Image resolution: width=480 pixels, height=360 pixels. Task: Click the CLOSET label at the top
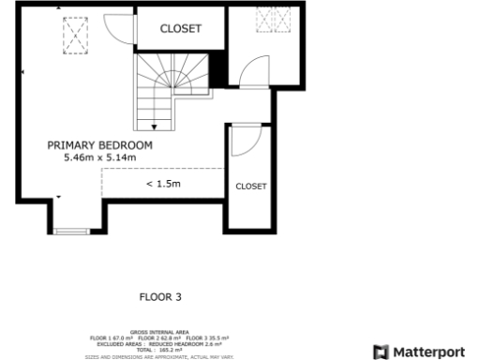click(180, 29)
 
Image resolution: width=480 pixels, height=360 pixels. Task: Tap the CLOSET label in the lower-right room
click(250, 187)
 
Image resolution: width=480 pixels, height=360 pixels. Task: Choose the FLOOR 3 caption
click(159, 297)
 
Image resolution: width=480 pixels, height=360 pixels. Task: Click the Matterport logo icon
click(381, 352)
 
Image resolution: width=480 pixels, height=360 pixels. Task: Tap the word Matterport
click(427, 352)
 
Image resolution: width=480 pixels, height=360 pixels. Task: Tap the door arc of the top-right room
click(252, 72)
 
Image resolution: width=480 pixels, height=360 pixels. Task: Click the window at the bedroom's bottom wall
click(70, 230)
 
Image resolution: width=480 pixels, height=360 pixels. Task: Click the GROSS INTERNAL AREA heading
click(159, 332)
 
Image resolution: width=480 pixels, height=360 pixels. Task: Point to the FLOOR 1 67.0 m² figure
click(112, 337)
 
